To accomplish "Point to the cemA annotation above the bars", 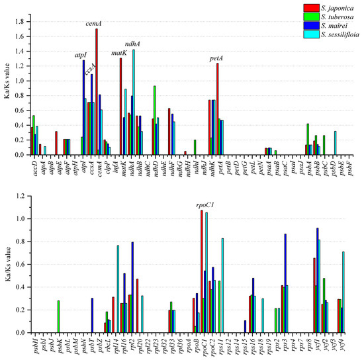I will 93,22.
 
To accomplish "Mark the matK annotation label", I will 118,52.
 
